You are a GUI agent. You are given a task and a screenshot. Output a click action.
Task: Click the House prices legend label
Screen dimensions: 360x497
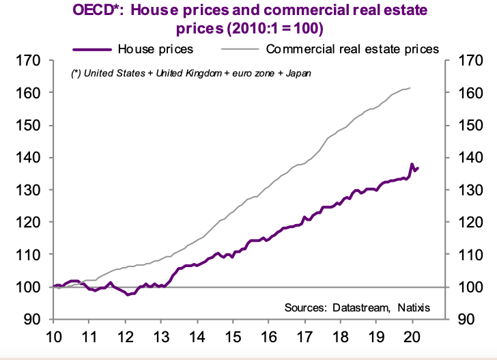pos(155,49)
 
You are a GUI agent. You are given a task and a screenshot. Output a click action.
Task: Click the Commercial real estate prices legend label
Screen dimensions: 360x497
pos(352,49)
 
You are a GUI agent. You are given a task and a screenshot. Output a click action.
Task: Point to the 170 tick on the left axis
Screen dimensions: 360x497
pos(33,61)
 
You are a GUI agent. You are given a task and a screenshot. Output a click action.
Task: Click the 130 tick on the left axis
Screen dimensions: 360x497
pos(33,190)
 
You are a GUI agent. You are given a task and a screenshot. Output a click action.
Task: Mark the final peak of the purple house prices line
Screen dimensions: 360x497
pos(412,164)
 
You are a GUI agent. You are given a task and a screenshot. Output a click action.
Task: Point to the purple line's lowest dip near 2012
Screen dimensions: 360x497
pos(128,294)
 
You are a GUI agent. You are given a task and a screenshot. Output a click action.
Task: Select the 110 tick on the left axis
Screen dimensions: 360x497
pos(33,254)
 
